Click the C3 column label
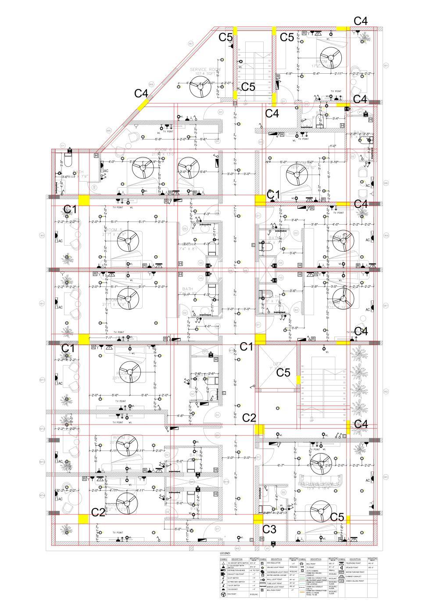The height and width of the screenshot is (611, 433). (269, 529)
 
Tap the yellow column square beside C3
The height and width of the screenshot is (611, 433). (258, 518)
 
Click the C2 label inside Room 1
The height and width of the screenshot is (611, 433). (98, 512)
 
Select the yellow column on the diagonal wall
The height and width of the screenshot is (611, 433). (143, 105)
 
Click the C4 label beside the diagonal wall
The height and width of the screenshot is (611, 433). (141, 93)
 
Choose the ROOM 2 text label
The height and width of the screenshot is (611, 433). (121, 438)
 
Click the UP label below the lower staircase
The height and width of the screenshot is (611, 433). (311, 421)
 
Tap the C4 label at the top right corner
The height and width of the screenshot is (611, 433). (361, 21)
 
